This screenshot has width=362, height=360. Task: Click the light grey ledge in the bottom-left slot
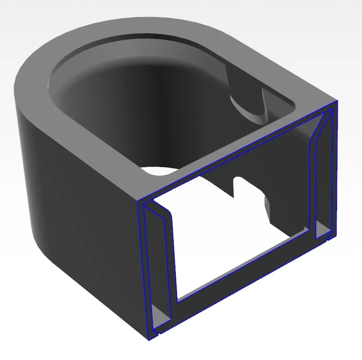pyautogui.click(x=160, y=314)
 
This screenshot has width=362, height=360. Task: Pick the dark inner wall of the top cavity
pyautogui.click(x=125, y=104)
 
